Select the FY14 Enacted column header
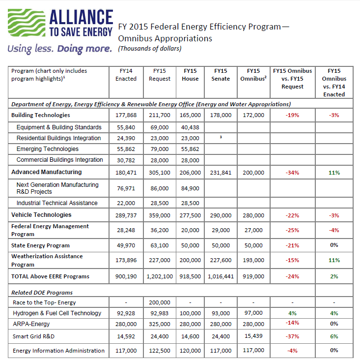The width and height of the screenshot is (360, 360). coord(126,75)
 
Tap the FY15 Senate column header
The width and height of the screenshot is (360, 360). coord(221,75)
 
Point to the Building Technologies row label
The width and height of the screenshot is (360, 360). coord(41,115)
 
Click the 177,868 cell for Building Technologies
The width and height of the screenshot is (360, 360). coord(126,115)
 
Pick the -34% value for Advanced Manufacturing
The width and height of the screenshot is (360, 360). coord(292,173)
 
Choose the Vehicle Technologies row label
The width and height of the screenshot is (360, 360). coord(41,215)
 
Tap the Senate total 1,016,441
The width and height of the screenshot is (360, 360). coord(221,276)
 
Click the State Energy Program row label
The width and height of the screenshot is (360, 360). coord(40,245)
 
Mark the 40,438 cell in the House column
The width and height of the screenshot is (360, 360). coord(191,127)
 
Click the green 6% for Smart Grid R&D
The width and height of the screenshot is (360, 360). coord(334,337)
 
